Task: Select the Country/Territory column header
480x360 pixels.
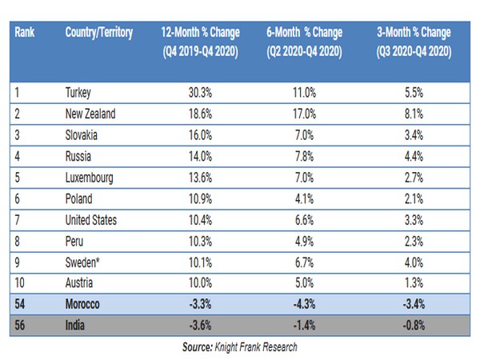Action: (x=98, y=33)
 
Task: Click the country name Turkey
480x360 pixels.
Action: (x=79, y=93)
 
